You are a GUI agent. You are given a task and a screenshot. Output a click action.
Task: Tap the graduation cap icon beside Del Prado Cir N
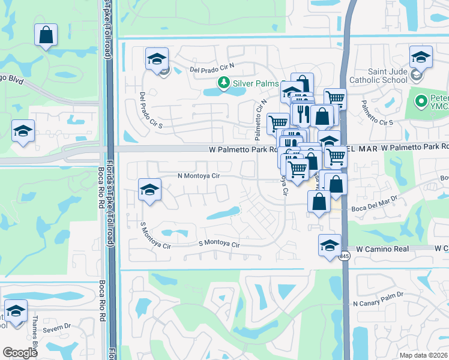coord(156,59)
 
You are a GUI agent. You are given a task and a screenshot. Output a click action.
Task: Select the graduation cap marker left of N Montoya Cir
coord(149,191)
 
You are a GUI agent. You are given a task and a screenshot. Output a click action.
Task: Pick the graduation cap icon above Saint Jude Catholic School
coord(421,58)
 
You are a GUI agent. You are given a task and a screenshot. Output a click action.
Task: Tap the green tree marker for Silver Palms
coord(223,82)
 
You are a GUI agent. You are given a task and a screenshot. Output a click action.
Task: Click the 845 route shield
coord(343,256)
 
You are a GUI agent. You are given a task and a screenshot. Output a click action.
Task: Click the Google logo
coord(20,353)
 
